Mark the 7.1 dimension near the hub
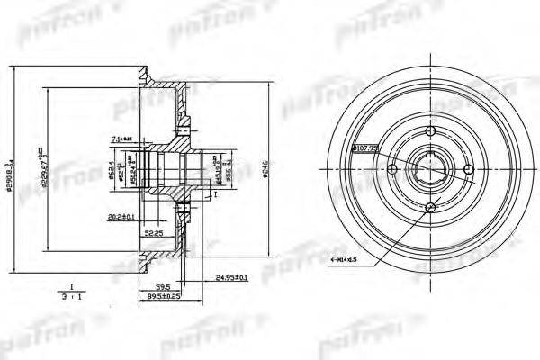[122, 137]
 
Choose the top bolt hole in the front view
[430, 132]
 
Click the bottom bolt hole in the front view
[430, 208]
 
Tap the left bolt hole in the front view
[392, 170]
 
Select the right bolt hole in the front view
[468, 170]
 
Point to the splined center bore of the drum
[430, 170]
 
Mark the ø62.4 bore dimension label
[137, 166]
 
